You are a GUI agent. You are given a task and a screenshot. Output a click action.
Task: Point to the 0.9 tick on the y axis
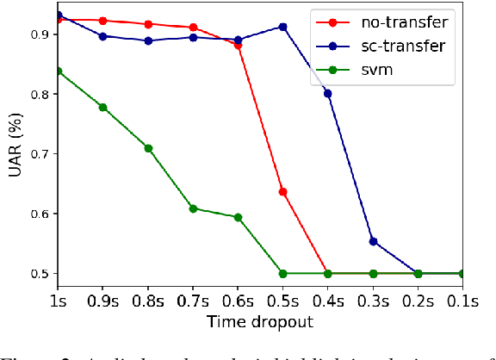(37, 34)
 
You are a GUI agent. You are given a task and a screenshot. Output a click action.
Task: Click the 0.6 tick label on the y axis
(37, 214)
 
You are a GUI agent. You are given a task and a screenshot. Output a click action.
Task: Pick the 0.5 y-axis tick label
(37, 273)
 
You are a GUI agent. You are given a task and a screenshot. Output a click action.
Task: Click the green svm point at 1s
(58, 71)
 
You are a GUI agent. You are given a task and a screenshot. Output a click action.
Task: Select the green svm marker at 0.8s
(148, 148)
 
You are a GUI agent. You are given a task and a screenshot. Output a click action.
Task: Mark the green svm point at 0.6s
(238, 217)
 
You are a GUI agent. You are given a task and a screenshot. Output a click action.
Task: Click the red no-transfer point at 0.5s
(282, 191)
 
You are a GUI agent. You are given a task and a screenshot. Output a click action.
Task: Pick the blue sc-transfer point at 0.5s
(282, 27)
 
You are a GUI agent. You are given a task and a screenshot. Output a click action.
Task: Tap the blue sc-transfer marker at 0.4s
(327, 93)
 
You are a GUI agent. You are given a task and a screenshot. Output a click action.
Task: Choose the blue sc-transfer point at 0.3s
(373, 241)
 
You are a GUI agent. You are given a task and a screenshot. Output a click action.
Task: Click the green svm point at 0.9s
(103, 108)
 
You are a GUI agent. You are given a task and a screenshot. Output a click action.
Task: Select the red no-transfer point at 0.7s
(193, 28)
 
